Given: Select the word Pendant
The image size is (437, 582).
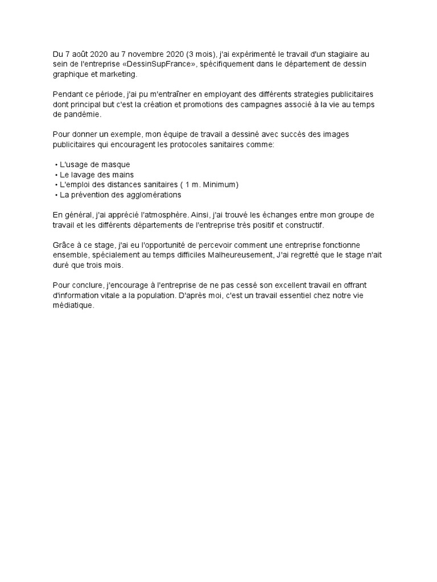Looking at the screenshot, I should point(67,94).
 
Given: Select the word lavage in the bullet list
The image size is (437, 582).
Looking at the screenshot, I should point(84,175).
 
